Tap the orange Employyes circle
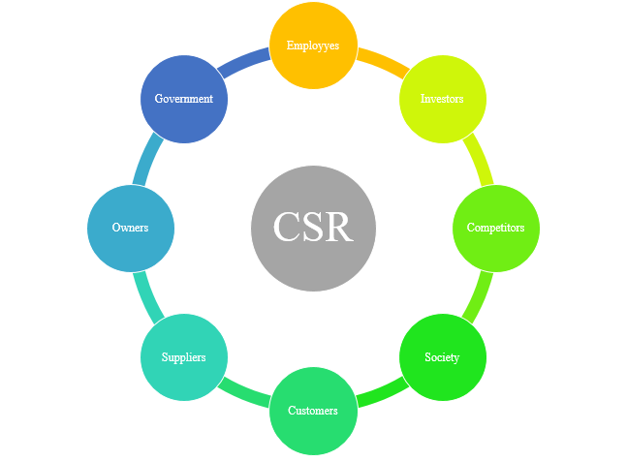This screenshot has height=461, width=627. tap(313, 46)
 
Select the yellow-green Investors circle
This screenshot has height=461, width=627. tap(443, 99)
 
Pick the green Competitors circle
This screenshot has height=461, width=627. tap(496, 229)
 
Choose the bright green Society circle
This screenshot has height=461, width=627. tap(443, 357)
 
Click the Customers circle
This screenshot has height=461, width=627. tap(313, 411)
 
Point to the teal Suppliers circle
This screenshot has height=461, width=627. tap(184, 357)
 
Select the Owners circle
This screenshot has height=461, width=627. tap(131, 229)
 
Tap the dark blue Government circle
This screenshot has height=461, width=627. tap(184, 99)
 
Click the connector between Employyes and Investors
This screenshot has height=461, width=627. tap(380, 64)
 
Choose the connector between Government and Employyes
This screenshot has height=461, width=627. tap(245, 64)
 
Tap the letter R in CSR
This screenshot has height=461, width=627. tap(340, 228)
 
